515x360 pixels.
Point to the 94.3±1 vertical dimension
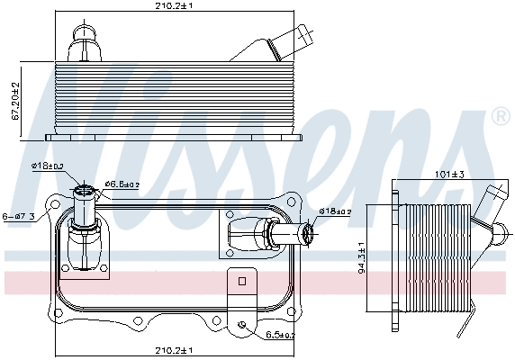361,262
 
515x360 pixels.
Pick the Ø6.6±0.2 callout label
121,184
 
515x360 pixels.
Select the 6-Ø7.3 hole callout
18,216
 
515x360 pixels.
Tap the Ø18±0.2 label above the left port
46,166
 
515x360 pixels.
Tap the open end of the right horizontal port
307,236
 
